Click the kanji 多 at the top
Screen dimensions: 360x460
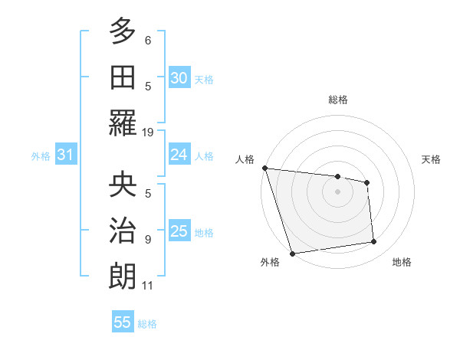[122, 31]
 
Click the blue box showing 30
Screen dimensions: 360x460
[179, 78]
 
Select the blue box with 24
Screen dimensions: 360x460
[179, 155]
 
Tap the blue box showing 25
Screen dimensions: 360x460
[179, 231]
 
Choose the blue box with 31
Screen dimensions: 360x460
[65, 155]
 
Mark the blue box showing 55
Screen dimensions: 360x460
[123, 322]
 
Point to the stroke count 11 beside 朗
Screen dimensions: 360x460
[147, 286]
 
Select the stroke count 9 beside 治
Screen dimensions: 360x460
[148, 239]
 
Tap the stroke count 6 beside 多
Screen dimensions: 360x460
[148, 39]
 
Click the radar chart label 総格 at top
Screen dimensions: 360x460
[337, 100]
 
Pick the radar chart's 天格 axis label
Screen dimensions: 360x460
[432, 159]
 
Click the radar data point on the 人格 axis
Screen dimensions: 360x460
[264, 168]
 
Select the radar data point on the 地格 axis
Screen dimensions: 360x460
[374, 242]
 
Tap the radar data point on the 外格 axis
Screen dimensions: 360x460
[292, 254]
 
